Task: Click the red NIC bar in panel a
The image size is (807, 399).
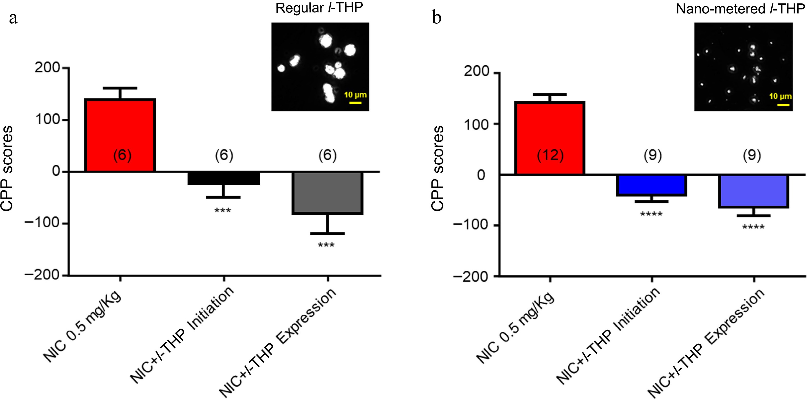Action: pyautogui.click(x=120, y=135)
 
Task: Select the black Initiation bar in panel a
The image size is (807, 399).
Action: pyautogui.click(x=224, y=178)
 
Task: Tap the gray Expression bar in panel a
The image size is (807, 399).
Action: pyautogui.click(x=327, y=193)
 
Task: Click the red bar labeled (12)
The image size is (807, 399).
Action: pyautogui.click(x=550, y=138)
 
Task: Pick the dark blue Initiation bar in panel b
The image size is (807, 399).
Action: pyautogui.click(x=652, y=185)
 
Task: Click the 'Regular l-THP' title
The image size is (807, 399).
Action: pyautogui.click(x=319, y=8)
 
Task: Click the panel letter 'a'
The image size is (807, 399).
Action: pyautogui.click(x=13, y=18)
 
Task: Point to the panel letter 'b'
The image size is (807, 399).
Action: pyautogui.click(x=437, y=18)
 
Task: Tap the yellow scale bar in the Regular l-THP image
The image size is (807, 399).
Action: pyautogui.click(x=355, y=103)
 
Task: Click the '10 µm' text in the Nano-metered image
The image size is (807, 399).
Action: pyautogui.click(x=780, y=96)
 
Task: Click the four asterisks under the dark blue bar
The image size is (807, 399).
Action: pyautogui.click(x=651, y=215)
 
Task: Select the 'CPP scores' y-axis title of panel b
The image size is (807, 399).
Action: pyautogui.click(x=438, y=168)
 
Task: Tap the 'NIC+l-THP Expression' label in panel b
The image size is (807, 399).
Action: pyautogui.click(x=706, y=343)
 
